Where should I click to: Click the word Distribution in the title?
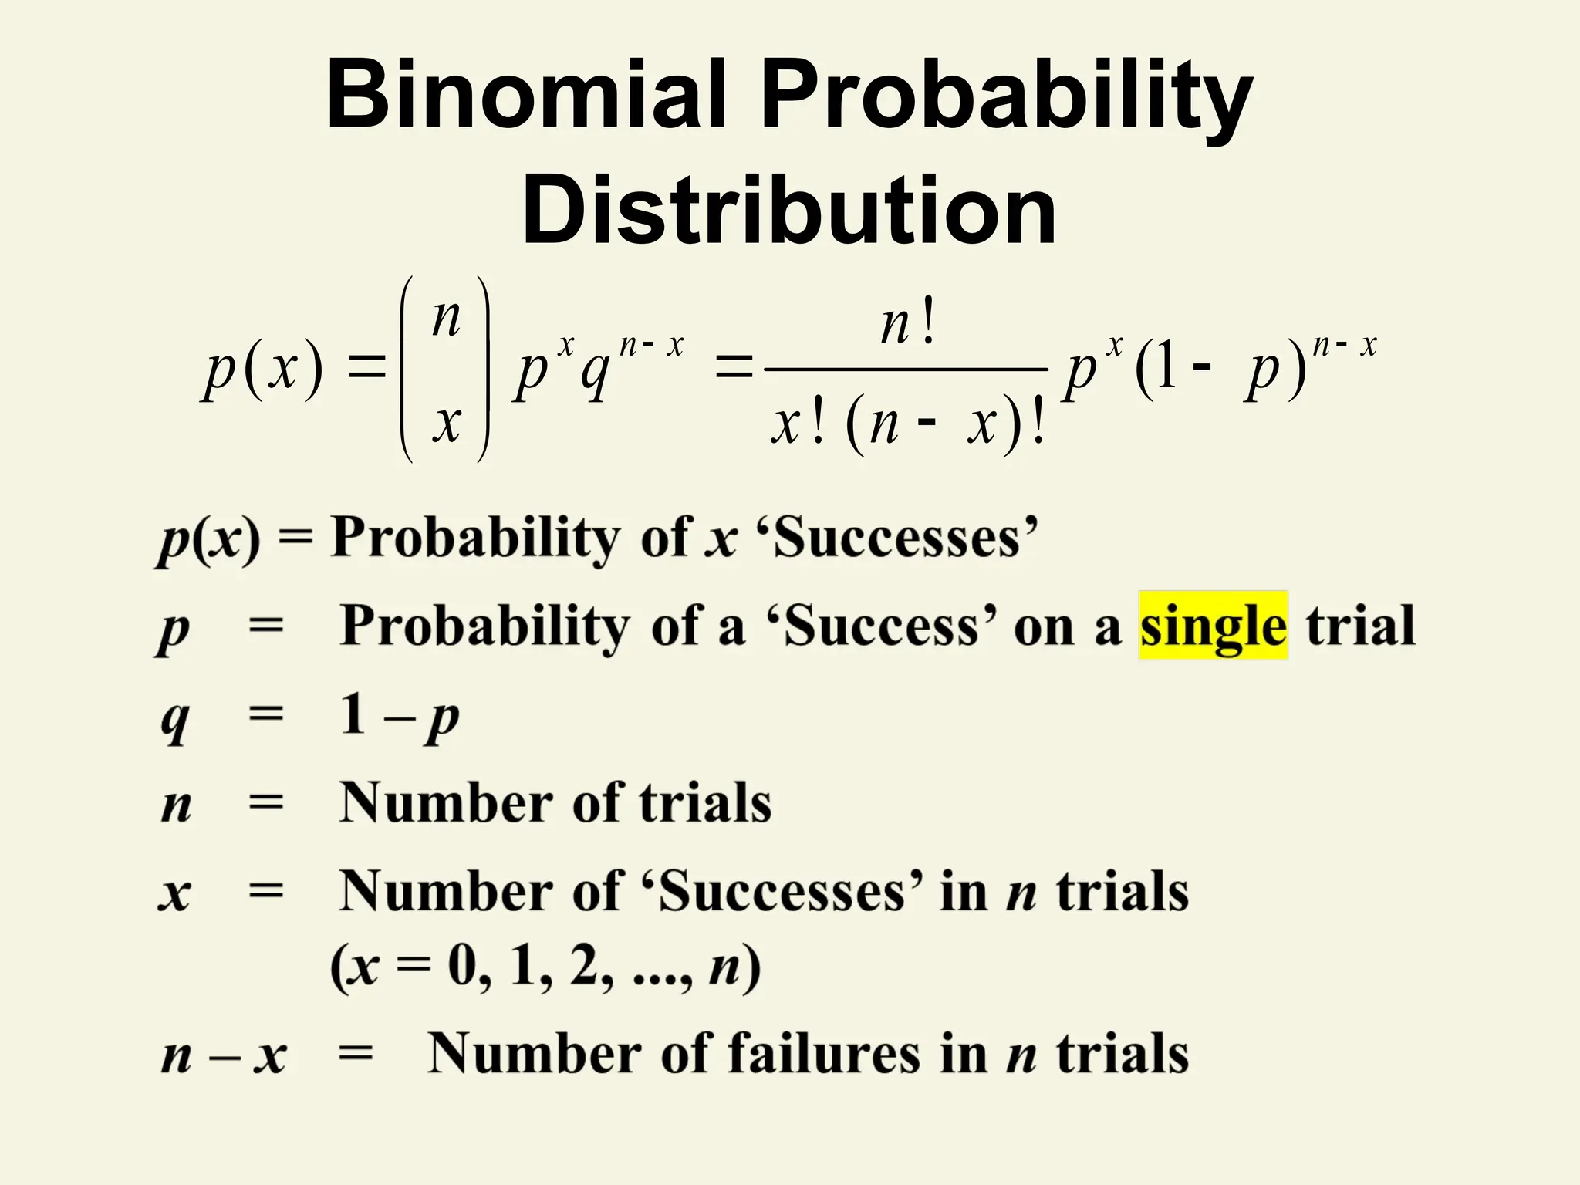coord(788,211)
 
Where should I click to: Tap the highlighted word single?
coord(1213,626)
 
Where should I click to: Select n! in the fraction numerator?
coord(908,325)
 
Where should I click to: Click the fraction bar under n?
coord(906,370)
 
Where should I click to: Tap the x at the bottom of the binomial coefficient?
coord(446,423)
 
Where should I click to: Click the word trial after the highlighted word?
coord(1360,626)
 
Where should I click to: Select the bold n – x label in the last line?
coord(224,1055)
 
